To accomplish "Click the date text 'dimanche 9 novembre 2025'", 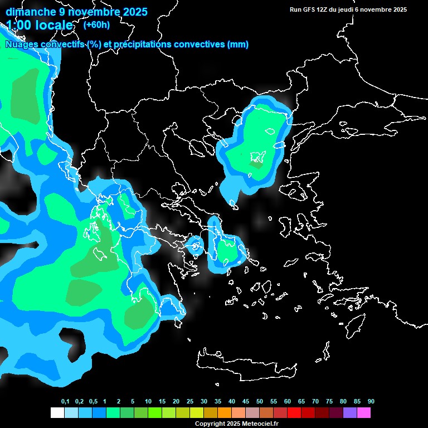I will [x=76, y=11].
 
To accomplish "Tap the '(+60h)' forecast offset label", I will [x=96, y=25].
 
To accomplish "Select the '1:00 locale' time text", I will [x=40, y=25].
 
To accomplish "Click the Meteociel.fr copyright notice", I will [x=237, y=424].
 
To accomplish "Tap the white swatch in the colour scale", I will [x=57, y=413].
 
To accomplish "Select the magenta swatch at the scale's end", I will [x=364, y=413].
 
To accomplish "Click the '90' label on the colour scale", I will [x=371, y=402].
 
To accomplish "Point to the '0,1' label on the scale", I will [x=65, y=402].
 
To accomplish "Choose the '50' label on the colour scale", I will [x=260, y=402].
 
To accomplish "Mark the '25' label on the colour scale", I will [x=190, y=402].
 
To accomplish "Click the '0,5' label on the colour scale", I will [x=93, y=402].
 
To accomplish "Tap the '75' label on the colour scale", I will [x=329, y=402].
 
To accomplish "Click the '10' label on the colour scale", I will [x=148, y=402].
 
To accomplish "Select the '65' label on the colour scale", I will [x=301, y=402].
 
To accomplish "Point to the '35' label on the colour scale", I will [x=218, y=402].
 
